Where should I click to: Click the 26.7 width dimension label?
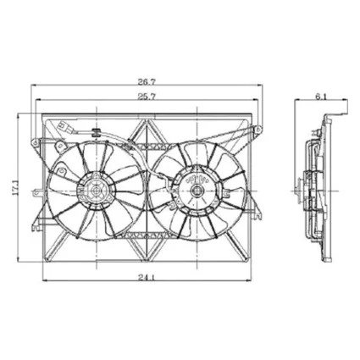(x=147, y=82)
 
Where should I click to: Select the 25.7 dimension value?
(x=147, y=97)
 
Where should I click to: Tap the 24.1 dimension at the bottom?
(x=147, y=278)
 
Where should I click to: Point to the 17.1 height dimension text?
(x=15, y=188)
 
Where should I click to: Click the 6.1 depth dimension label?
(x=321, y=97)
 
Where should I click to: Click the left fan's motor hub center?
(x=97, y=191)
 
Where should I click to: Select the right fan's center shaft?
(x=196, y=191)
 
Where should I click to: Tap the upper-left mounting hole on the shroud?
(x=35, y=143)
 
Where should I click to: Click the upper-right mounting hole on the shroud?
(x=258, y=130)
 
